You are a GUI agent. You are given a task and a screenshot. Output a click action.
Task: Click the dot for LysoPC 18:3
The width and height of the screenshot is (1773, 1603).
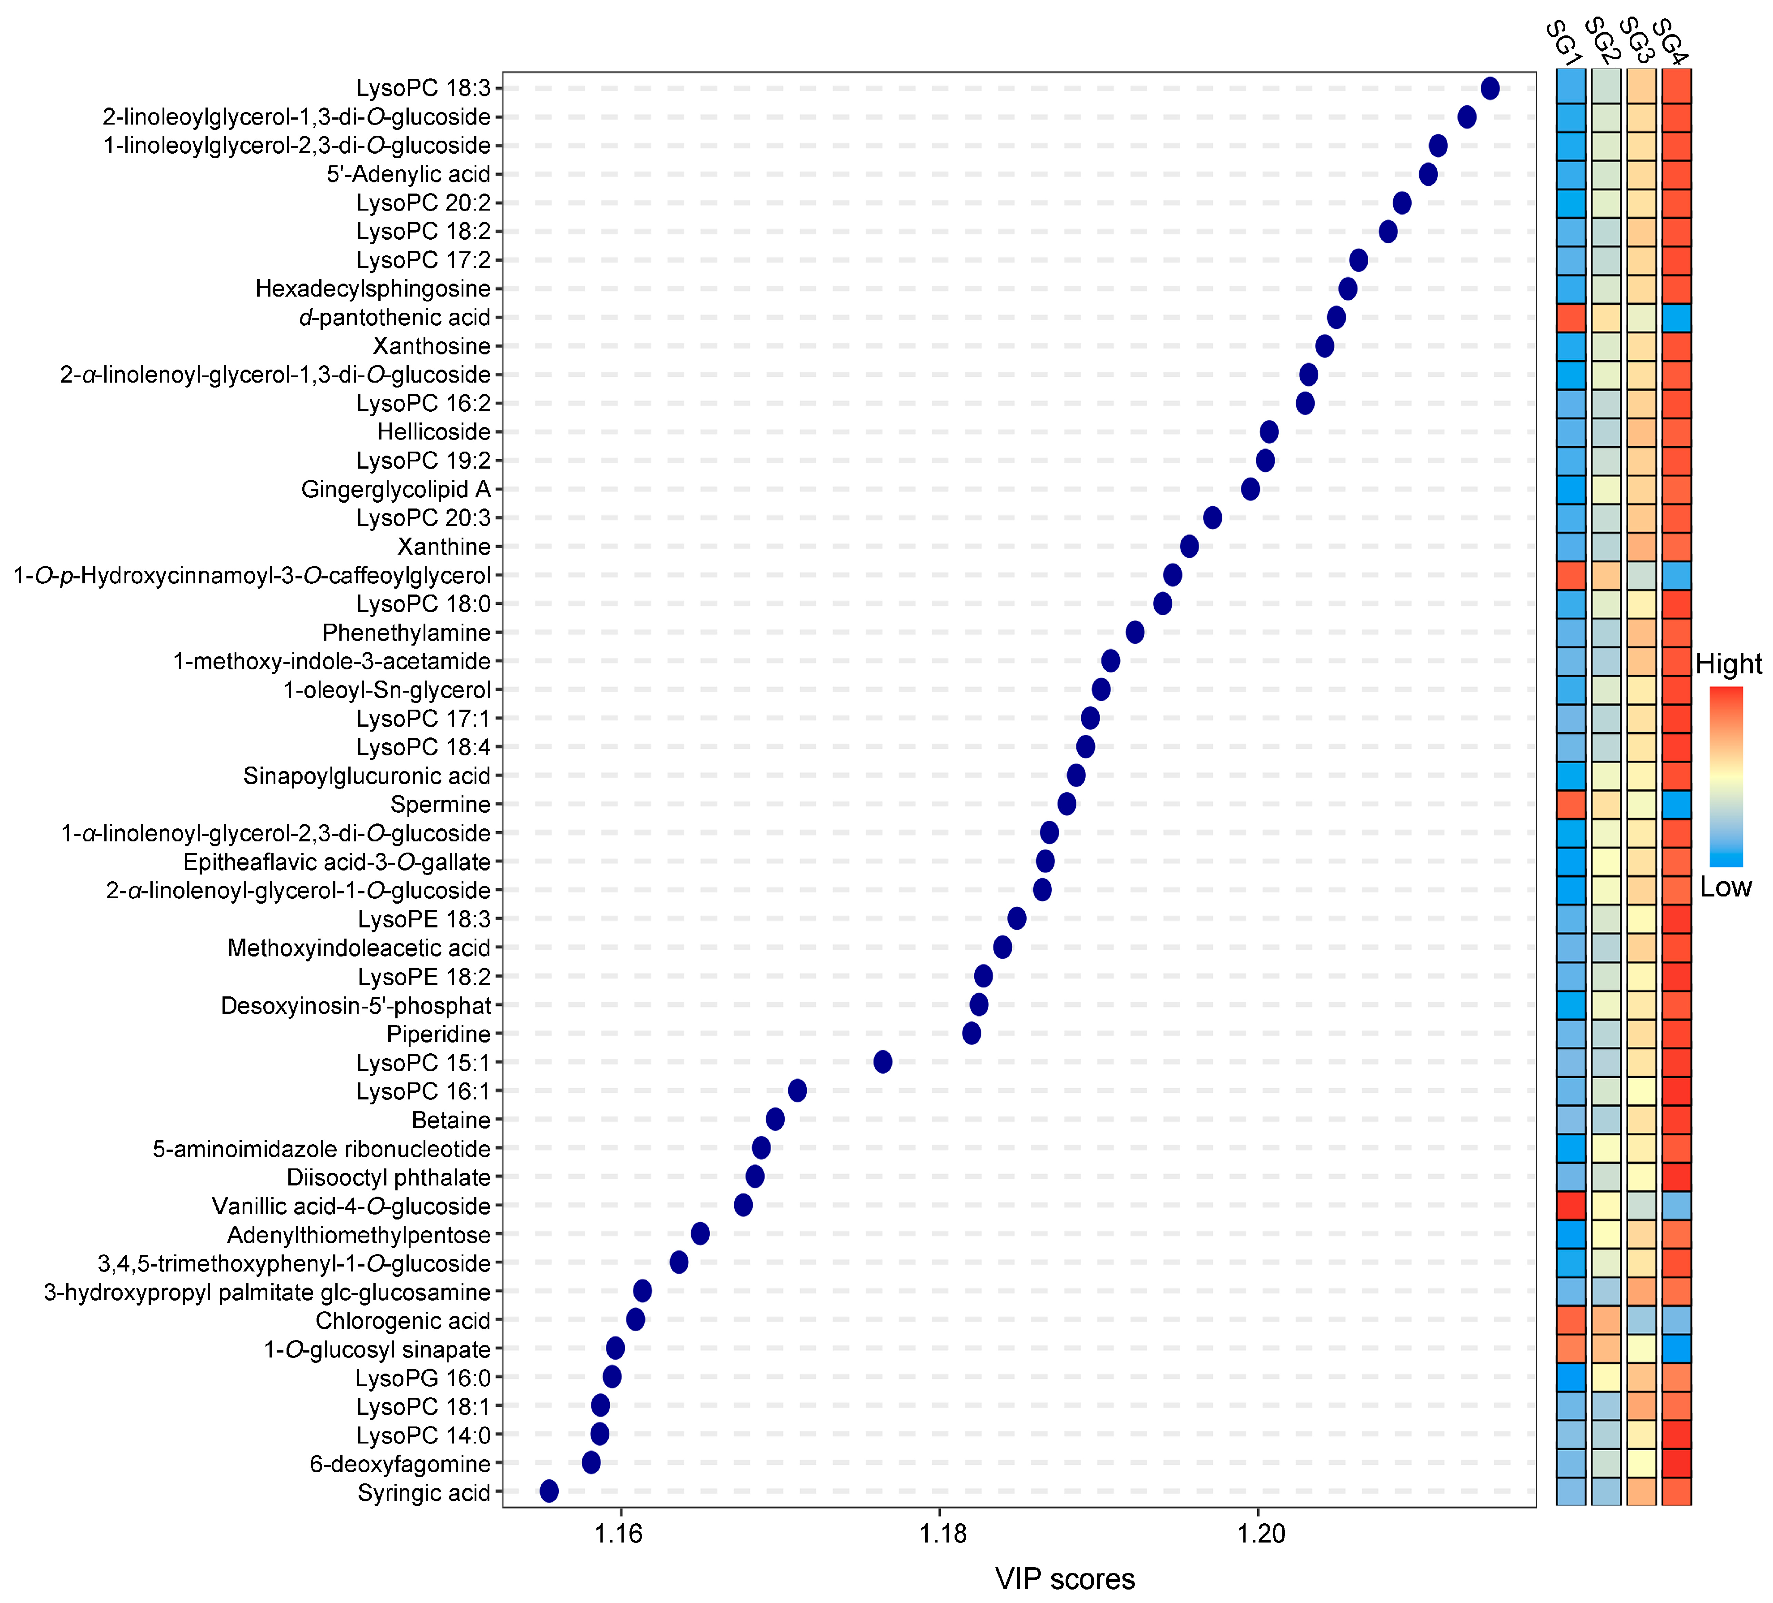pos(1490,88)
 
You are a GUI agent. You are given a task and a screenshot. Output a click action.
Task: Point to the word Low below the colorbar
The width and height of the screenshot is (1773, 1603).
pos(1726,887)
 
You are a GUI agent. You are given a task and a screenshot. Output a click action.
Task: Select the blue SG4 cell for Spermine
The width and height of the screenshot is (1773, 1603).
pos(1676,804)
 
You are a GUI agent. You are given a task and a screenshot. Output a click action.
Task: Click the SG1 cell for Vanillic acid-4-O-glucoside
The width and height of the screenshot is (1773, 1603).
pos(1571,1205)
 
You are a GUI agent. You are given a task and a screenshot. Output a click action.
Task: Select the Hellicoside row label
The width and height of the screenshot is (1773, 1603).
pos(433,432)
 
